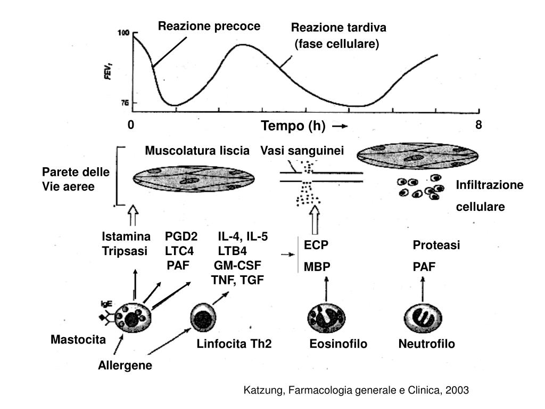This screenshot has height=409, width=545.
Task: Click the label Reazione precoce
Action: pyautogui.click(x=209, y=26)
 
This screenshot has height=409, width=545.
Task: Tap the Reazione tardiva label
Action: pyautogui.click(x=338, y=28)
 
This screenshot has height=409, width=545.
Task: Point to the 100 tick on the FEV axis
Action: pyautogui.click(x=123, y=33)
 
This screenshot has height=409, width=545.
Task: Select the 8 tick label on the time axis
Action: pyautogui.click(x=478, y=125)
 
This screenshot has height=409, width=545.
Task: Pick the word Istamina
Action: pyautogui.click(x=126, y=236)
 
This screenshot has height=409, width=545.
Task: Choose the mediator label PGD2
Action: pyautogui.click(x=181, y=236)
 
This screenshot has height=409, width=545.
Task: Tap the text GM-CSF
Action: pyautogui.click(x=238, y=266)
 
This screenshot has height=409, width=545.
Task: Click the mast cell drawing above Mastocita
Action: pyautogui.click(x=133, y=317)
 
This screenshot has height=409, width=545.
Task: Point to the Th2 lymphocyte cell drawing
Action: pyautogui.click(x=203, y=318)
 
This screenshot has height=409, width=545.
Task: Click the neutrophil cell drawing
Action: pyautogui.click(x=423, y=319)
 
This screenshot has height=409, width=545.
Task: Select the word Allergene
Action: pyautogui.click(x=125, y=365)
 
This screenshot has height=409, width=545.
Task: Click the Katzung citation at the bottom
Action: pyautogui.click(x=356, y=390)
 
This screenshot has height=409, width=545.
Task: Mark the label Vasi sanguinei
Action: pyautogui.click(x=302, y=151)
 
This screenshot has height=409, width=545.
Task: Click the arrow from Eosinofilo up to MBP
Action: pyautogui.click(x=326, y=290)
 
